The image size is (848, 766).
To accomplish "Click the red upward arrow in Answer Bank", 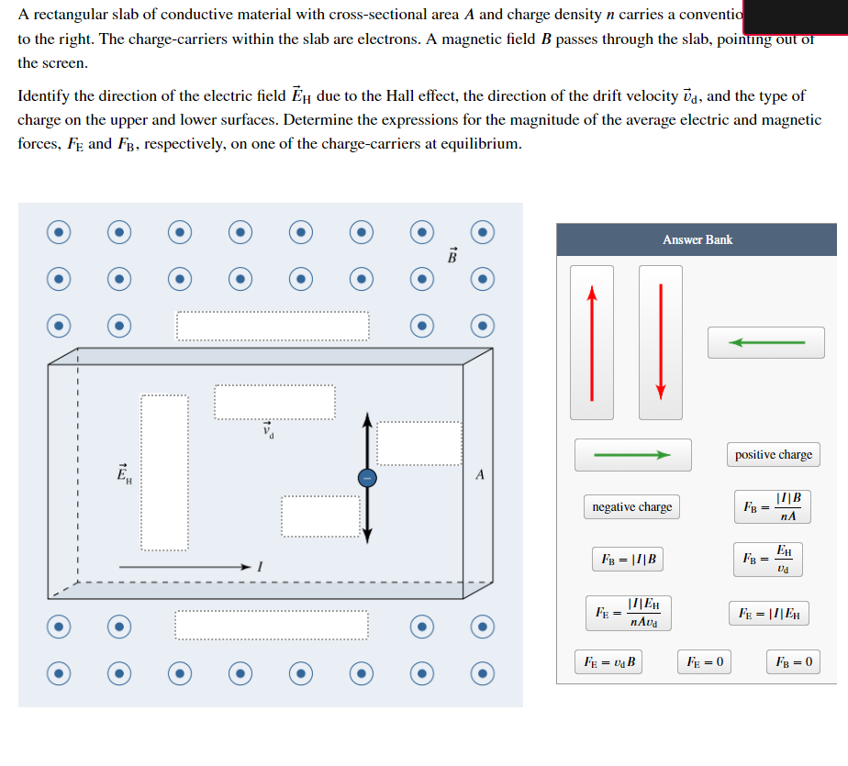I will coord(592,342).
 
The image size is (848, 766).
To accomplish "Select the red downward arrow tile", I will coord(660,342).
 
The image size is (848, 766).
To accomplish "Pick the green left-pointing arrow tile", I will coord(765,342).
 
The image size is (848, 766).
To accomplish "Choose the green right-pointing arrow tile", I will coord(633,454).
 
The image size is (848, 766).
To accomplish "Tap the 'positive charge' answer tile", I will coord(773,454).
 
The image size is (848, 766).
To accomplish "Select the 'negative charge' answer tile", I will coord(631,506).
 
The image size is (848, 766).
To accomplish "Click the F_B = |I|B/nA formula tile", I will coord(773,506).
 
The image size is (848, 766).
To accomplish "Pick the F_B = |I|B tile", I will coord(628,559).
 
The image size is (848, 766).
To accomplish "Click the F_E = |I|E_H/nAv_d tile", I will coord(628,612).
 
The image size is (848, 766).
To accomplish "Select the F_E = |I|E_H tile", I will coord(769,612).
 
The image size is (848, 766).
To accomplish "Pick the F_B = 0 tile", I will coord(793,661).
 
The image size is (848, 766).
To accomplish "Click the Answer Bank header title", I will coord(697,239).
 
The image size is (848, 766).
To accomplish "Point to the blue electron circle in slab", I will coord(366,478).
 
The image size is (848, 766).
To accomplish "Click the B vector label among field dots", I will coord(452,255).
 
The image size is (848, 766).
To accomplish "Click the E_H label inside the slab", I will coord(123,474).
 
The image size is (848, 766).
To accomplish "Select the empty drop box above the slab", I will coord(273,326).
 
